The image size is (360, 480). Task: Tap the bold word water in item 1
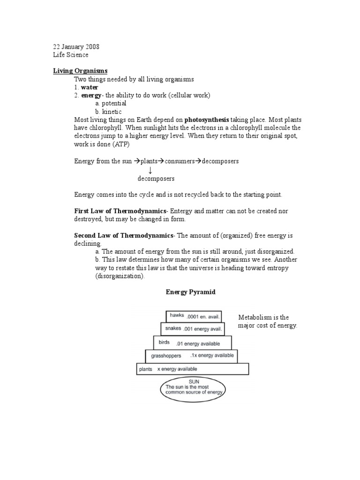tap(90, 87)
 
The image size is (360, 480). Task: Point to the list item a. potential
tap(111, 103)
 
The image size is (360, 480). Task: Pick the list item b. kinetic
tap(108, 112)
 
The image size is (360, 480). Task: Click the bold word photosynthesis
tap(207, 120)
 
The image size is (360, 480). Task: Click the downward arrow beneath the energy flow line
tap(150, 170)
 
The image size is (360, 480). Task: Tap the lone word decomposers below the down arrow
tap(156, 179)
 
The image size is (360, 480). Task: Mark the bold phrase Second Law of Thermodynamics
tap(124, 235)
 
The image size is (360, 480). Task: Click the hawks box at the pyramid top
tap(193, 316)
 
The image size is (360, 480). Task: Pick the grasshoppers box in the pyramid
tap(191, 356)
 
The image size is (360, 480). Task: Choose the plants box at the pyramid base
tap(192, 369)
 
